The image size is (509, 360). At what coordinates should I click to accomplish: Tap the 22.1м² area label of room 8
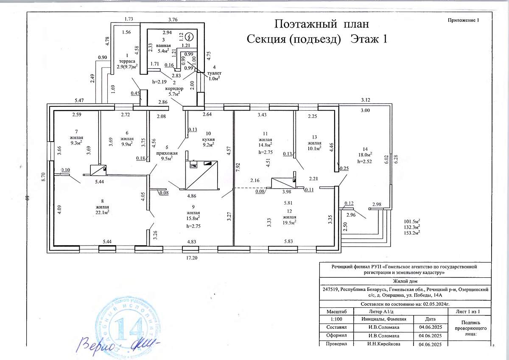coord(102,212)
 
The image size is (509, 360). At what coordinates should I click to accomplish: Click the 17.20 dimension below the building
coord(193,257)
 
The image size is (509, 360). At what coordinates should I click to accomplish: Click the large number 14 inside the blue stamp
coord(122,327)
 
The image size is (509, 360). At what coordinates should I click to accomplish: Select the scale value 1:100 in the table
coord(334,319)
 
